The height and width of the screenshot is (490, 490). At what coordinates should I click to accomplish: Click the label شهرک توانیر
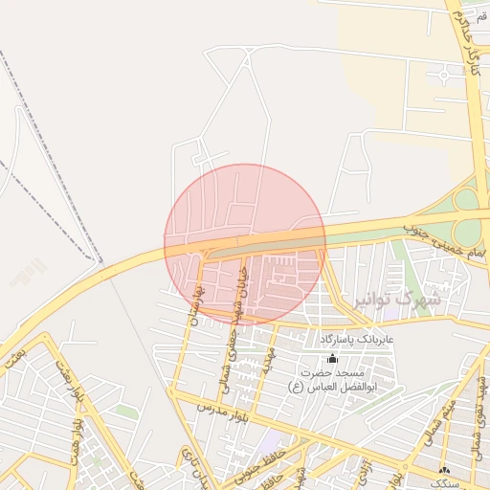(x=396, y=300)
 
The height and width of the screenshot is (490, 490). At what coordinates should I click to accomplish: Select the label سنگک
(x=446, y=484)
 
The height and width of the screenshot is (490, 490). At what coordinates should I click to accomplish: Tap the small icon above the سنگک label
(x=444, y=470)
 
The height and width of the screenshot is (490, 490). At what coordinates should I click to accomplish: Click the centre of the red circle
(x=245, y=245)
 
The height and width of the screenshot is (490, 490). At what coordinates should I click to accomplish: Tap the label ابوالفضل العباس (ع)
(x=331, y=387)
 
